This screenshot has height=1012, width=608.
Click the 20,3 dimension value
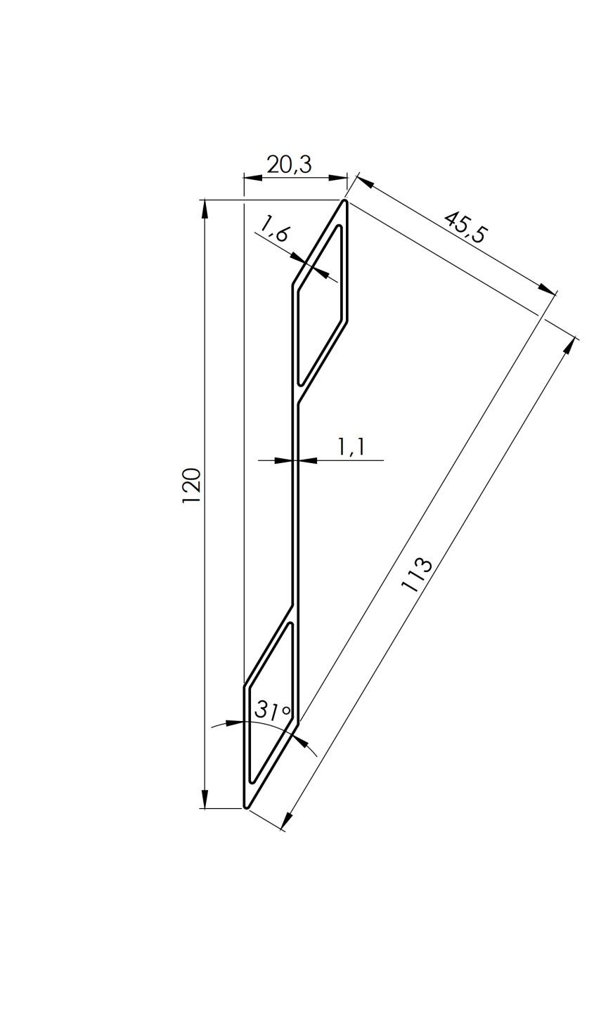[288, 164]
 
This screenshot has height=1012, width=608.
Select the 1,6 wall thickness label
[274, 229]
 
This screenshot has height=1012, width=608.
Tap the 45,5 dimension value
[465, 226]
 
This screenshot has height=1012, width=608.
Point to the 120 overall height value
[192, 485]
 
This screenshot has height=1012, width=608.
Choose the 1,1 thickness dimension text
[351, 447]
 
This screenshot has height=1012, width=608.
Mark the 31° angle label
[272, 710]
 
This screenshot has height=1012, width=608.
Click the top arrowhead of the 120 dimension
[205, 209]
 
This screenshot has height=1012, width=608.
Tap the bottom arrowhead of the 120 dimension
[205, 799]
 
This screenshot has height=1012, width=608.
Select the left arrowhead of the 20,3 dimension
[252, 178]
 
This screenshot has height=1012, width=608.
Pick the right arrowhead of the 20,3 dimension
[339, 178]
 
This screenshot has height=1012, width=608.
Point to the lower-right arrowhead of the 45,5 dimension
[547, 289]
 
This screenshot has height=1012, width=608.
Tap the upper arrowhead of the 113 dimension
[569, 346]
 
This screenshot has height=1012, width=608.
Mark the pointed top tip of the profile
[344, 202]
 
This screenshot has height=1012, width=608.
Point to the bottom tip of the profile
[246, 806]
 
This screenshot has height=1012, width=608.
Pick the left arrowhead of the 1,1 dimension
[283, 461]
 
